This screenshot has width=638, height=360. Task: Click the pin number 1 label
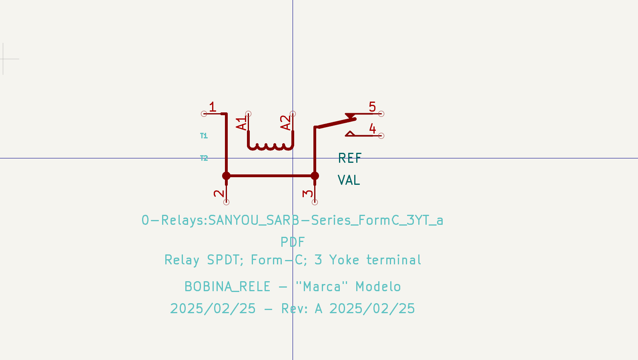coord(213,107)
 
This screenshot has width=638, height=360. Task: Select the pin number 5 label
coord(372,107)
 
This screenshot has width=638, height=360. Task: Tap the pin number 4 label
coord(372,128)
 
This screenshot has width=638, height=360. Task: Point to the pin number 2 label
coord(219,193)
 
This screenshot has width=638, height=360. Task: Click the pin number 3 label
coord(308,193)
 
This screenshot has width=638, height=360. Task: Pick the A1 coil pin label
coord(241,124)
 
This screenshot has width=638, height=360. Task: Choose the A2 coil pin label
coord(285,123)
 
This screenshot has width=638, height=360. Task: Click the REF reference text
coord(350,158)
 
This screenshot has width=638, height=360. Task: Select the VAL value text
coord(349,180)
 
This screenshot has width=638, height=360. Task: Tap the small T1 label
coord(204,136)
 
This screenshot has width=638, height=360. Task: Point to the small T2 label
coord(204,158)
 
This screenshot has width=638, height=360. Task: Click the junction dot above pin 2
coord(226,176)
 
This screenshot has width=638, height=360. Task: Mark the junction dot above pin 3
coord(315,176)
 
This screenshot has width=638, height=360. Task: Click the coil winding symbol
coord(271,146)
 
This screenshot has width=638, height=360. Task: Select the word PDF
coord(293,242)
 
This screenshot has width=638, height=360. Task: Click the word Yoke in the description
coord(344,260)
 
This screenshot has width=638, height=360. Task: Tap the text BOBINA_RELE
coord(227,287)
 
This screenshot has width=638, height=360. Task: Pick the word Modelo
coord(378,287)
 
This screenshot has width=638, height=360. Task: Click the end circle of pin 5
coord(381,114)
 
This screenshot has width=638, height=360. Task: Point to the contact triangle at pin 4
coord(350,134)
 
